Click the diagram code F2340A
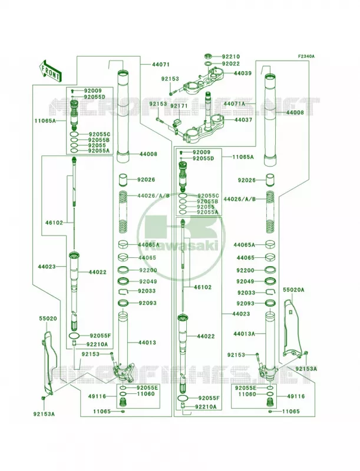click(306, 56)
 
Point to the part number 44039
click(243, 73)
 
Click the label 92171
click(179, 106)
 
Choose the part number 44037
click(243, 120)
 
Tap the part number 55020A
click(293, 290)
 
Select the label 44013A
click(244, 334)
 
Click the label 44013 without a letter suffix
click(147, 343)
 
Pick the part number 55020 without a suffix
click(48, 319)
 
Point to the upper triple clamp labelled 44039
click(204, 79)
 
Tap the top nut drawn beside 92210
click(207, 56)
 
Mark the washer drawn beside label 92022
click(207, 64)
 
